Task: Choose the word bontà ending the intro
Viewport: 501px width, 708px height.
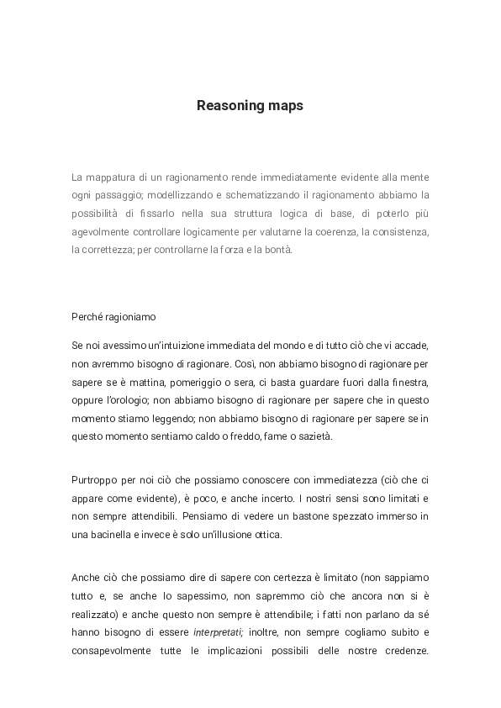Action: (277, 250)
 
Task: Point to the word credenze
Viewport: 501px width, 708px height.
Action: (401, 650)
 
